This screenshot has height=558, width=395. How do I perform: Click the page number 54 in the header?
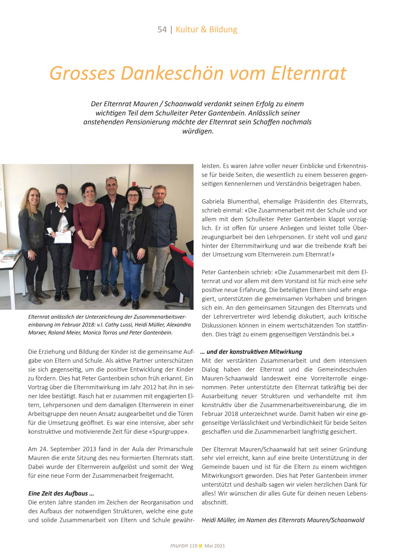tap(162, 30)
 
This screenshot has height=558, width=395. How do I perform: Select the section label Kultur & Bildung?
tap(206, 30)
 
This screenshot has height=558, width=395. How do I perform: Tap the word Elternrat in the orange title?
tap(309, 73)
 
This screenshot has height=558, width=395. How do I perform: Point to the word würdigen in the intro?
tap(197, 131)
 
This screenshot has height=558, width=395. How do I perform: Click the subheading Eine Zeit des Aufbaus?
tap(61, 493)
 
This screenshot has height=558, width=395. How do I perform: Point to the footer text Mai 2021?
tap(215, 546)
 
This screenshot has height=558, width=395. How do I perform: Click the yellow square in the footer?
tap(200, 546)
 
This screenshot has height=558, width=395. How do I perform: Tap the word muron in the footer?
tap(179, 546)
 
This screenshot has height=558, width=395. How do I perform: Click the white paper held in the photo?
tap(63, 237)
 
